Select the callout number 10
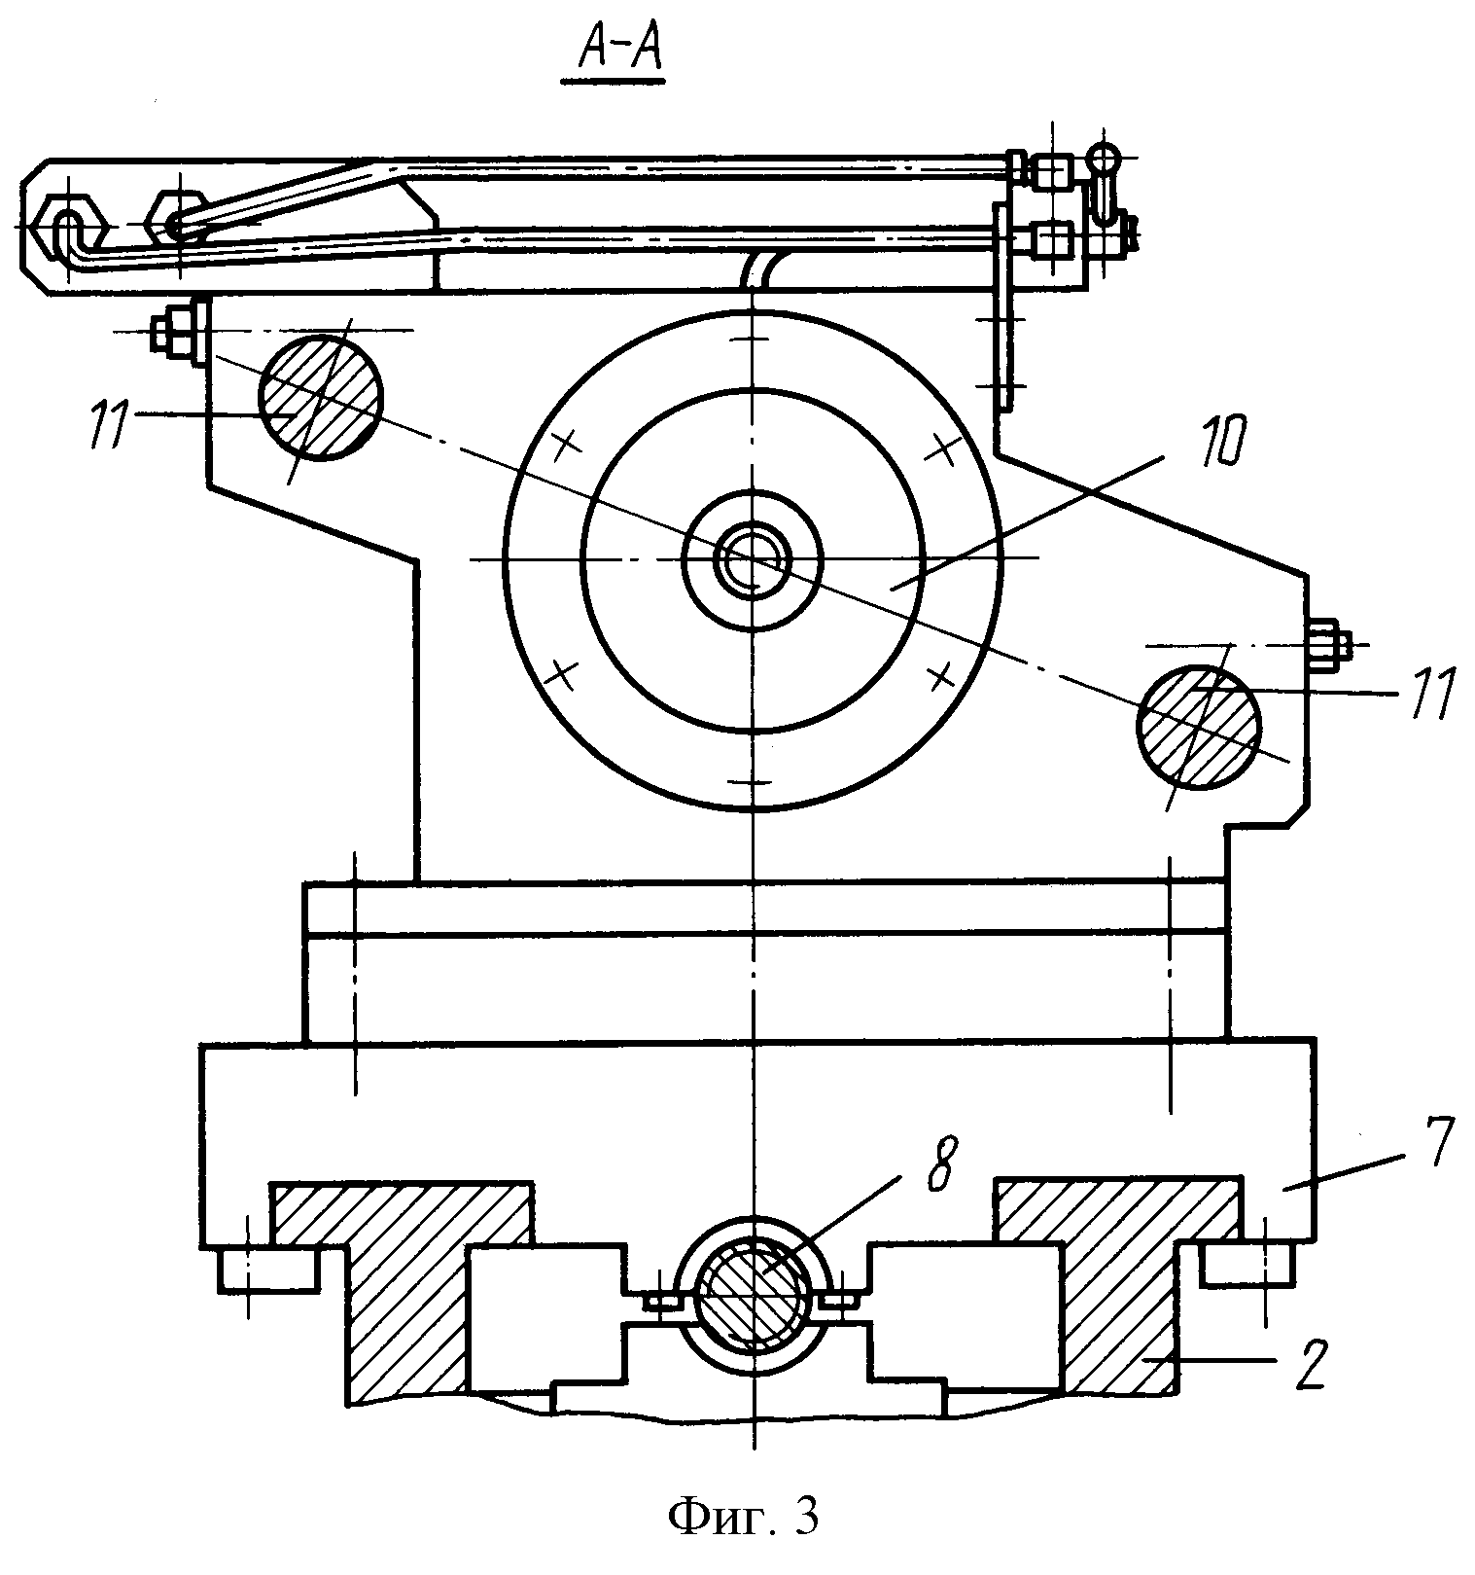tap(1199, 446)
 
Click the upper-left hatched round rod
tap(319, 397)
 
